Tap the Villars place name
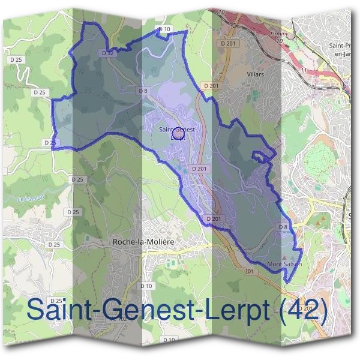[x=255, y=74]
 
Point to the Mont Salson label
[x=284, y=264]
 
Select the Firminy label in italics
[x=280, y=34]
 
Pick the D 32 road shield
[x=108, y=53]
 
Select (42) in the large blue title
[x=304, y=310]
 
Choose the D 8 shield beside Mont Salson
[x=283, y=227]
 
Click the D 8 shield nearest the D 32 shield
[x=143, y=91]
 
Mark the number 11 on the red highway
[x=304, y=70]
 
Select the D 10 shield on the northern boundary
[x=164, y=29]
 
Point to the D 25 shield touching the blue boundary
[x=50, y=142]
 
